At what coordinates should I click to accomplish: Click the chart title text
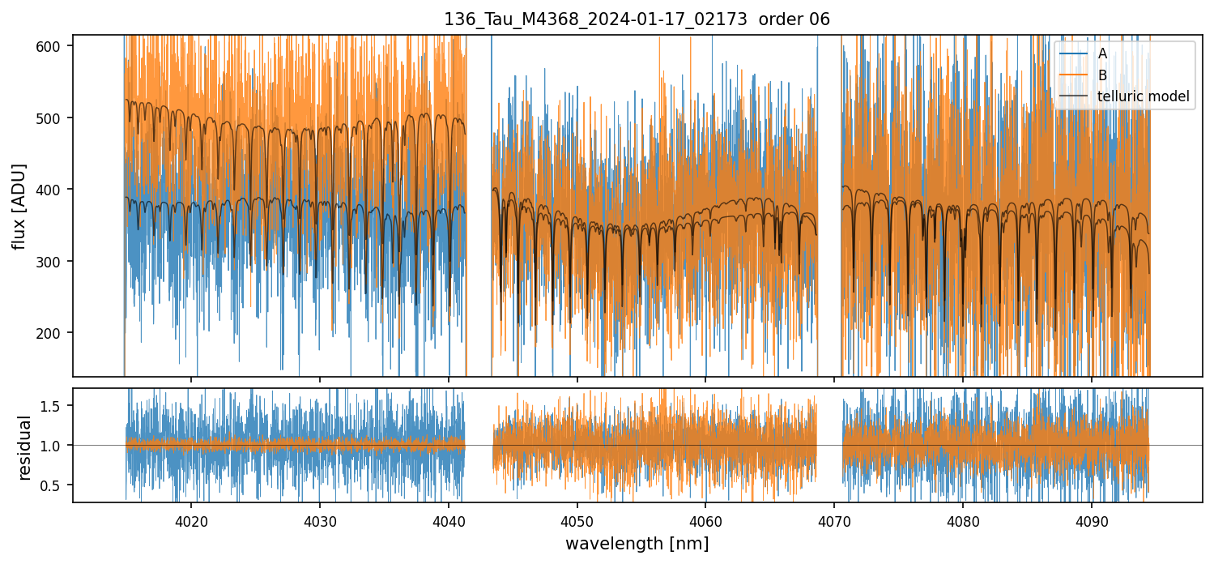[637, 19]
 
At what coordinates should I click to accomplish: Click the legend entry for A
[1102, 53]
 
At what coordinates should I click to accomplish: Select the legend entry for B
[1102, 75]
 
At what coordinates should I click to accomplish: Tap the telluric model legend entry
[1143, 96]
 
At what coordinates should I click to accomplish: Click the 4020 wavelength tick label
[191, 518]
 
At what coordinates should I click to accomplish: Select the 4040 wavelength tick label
[448, 518]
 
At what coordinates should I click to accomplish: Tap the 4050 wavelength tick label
[577, 518]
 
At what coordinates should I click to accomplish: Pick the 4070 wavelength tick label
[834, 518]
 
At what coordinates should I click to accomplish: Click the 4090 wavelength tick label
[1091, 518]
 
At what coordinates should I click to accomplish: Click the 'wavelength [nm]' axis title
[637, 543]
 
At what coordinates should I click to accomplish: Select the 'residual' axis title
[24, 447]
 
